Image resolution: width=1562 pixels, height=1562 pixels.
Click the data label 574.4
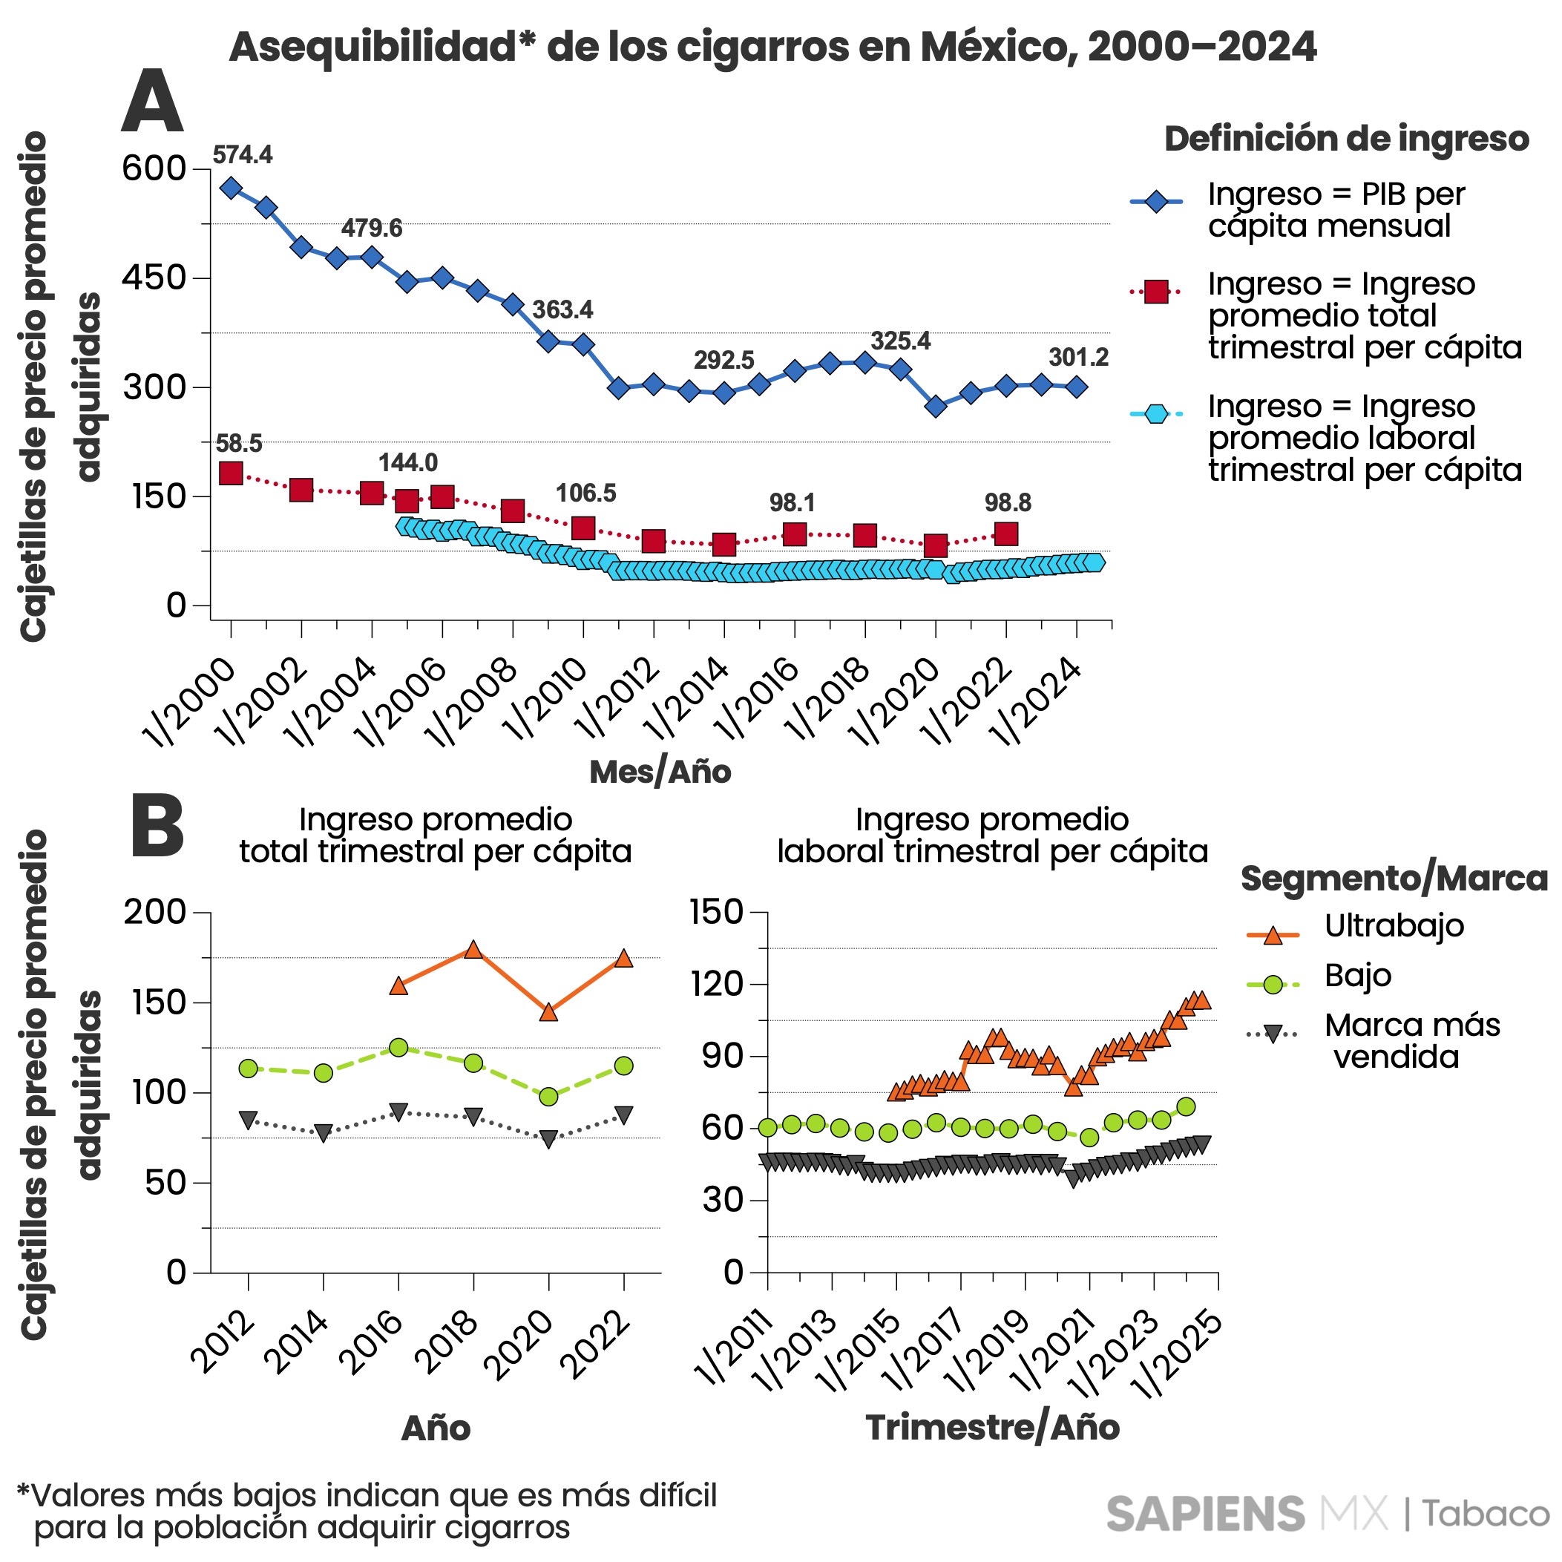pos(243,154)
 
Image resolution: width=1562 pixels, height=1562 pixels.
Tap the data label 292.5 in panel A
pos(723,360)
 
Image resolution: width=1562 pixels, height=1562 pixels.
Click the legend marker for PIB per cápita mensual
pos(1156,201)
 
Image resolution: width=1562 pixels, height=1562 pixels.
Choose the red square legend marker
pos(1156,292)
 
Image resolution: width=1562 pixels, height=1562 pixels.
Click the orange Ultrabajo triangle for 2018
pos(473,950)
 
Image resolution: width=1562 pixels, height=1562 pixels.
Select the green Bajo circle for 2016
pos(398,1048)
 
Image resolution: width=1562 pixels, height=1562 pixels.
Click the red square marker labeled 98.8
pos(1006,534)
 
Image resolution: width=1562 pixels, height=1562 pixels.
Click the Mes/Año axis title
pos(660,772)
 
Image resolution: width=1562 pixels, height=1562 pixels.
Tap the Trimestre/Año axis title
pos(992,1428)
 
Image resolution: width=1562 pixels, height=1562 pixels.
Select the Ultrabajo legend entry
pos(1393,926)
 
